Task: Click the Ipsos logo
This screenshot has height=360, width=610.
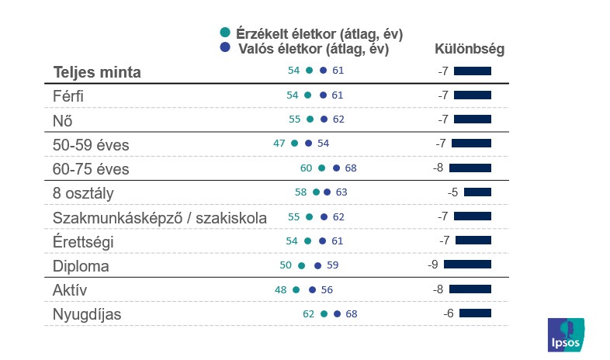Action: (567, 334)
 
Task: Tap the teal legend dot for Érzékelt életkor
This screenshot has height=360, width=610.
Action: (225, 33)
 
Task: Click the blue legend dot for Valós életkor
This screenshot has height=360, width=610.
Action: (225, 47)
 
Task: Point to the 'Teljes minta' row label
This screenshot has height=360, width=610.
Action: (97, 72)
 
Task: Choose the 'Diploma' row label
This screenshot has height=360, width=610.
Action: (81, 265)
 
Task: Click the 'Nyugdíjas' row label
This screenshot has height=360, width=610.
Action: (87, 314)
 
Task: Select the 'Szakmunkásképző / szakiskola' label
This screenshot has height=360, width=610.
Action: (159, 217)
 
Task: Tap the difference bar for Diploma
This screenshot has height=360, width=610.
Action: (467, 265)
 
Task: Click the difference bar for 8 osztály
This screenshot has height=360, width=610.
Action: (477, 192)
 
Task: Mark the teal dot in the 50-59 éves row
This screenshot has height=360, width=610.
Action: (294, 144)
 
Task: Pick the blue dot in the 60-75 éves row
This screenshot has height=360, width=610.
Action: (336, 168)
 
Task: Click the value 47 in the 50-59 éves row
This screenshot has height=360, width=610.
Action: (279, 144)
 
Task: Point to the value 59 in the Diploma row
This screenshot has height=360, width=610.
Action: (332, 265)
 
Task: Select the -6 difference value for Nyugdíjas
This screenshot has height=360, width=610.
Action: (448, 313)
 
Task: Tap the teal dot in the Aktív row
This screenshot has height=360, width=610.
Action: (296, 289)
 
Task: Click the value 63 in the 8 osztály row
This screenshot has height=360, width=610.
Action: (341, 192)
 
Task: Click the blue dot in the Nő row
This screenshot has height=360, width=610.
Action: (324, 119)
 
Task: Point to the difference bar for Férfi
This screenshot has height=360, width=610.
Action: (473, 95)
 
